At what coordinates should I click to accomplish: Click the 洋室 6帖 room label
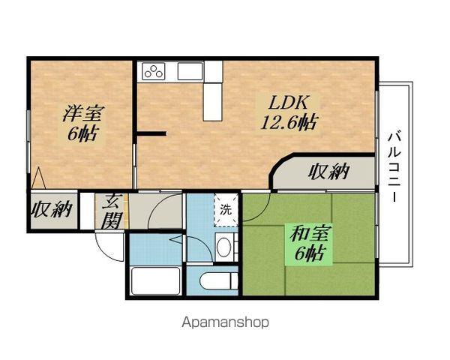click(83, 124)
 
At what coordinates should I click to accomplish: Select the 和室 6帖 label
click(309, 243)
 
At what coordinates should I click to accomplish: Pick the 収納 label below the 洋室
click(51, 209)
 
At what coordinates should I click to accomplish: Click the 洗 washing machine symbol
click(226, 209)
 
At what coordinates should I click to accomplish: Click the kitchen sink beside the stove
click(187, 71)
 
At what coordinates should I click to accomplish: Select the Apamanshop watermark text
click(225, 323)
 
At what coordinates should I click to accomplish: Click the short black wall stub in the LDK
click(151, 134)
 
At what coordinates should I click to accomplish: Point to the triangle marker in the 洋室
click(40, 178)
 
